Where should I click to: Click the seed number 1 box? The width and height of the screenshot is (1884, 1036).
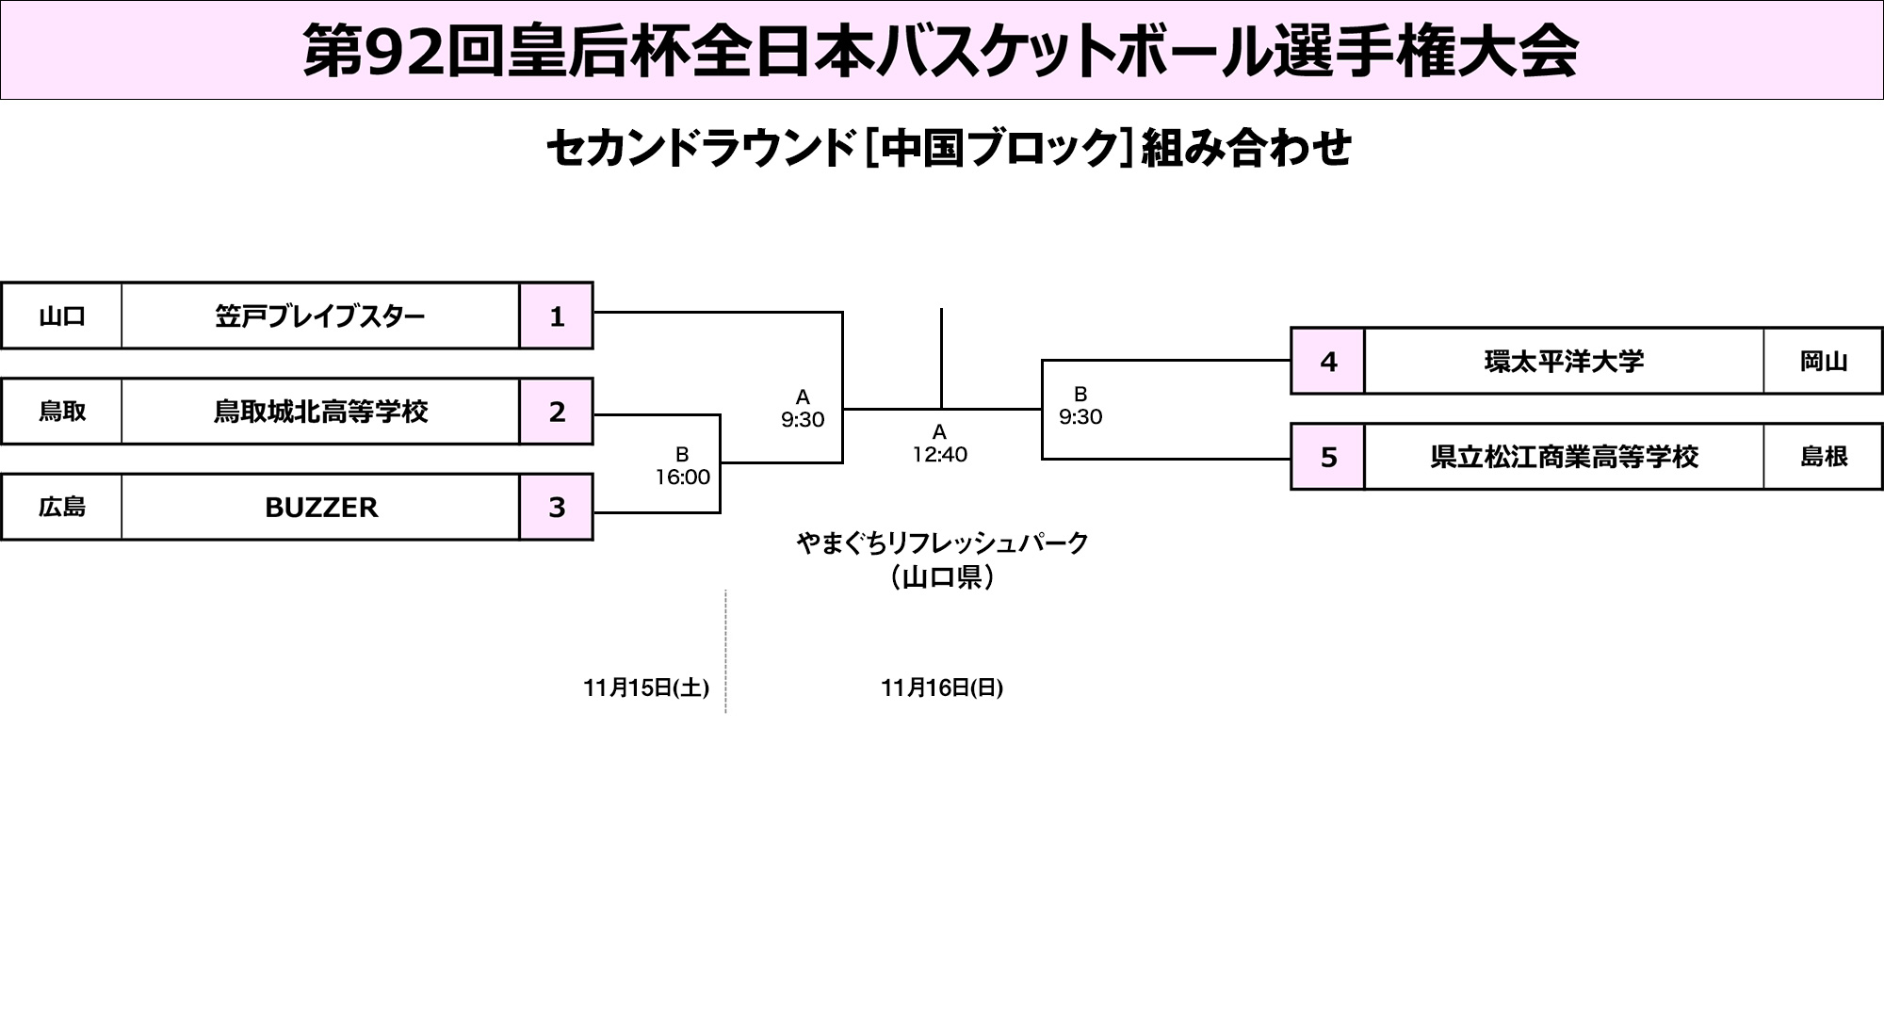pyautogui.click(x=556, y=316)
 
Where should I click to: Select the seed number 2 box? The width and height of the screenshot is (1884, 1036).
pyautogui.click(x=556, y=412)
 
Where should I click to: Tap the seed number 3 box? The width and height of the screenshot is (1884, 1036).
pyautogui.click(x=556, y=507)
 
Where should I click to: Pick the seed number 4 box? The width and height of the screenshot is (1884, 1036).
pyautogui.click(x=1328, y=361)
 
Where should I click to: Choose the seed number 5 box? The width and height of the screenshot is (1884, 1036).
pyautogui.click(x=1328, y=457)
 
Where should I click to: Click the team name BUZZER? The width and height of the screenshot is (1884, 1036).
pyautogui.click(x=320, y=507)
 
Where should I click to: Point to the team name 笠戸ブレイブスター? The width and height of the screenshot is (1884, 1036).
pyautogui.click(x=320, y=316)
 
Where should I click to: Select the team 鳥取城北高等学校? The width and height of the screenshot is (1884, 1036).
pyautogui.click(x=320, y=412)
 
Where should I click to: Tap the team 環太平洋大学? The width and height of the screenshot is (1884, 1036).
pyautogui.click(x=1564, y=361)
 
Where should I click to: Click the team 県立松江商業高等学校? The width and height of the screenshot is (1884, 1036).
pyautogui.click(x=1564, y=457)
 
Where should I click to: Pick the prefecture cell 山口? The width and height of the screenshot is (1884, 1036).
pyautogui.click(x=62, y=316)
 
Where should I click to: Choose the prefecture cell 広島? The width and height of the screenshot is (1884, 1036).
pyautogui.click(x=62, y=507)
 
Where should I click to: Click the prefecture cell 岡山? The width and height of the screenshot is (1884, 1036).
pyautogui.click(x=1823, y=361)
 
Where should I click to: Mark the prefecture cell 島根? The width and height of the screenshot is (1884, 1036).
pyautogui.click(x=1823, y=457)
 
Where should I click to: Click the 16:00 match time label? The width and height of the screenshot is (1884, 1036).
pyautogui.click(x=682, y=477)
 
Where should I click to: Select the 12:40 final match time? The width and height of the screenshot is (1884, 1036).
pyautogui.click(x=939, y=454)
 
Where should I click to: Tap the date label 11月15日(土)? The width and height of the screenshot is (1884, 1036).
pyautogui.click(x=645, y=688)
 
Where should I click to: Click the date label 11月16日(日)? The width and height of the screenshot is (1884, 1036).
pyautogui.click(x=941, y=688)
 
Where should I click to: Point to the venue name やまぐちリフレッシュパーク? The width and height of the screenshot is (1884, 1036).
pyautogui.click(x=941, y=542)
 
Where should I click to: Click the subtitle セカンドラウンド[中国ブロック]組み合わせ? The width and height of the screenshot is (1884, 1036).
pyautogui.click(x=949, y=148)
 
